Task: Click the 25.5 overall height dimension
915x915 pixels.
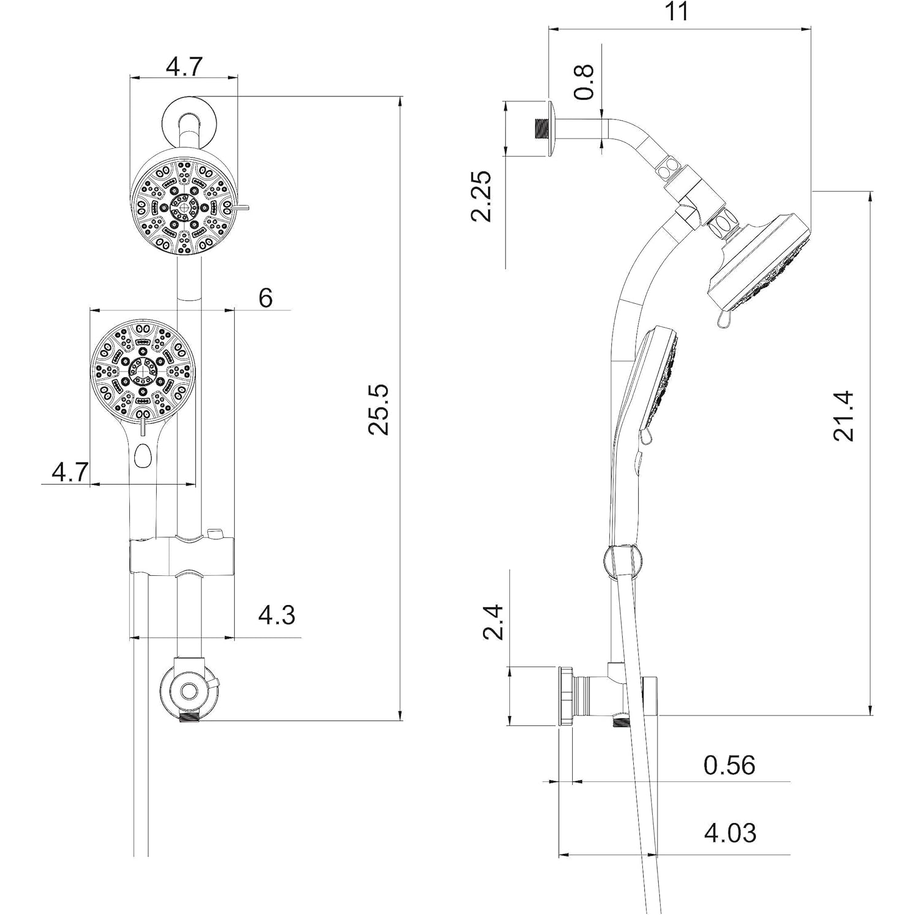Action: click(x=379, y=409)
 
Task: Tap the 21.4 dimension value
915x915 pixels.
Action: click(x=844, y=416)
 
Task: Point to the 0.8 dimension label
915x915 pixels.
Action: click(x=584, y=82)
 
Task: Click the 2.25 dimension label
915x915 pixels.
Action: click(x=482, y=196)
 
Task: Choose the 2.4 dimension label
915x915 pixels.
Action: click(x=493, y=622)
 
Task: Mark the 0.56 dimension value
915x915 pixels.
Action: click(x=729, y=766)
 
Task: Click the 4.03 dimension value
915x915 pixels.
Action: click(x=730, y=833)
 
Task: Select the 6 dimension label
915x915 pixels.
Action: click(x=265, y=298)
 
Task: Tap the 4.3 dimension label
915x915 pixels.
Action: click(x=276, y=615)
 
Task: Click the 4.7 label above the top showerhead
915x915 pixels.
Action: click(x=184, y=66)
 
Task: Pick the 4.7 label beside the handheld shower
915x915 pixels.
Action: click(x=70, y=472)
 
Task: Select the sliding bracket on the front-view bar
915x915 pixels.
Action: click(x=183, y=555)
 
